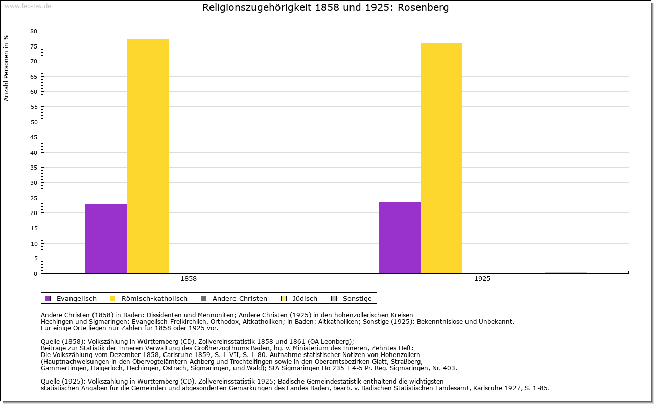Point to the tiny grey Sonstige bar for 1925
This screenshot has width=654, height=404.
click(565, 272)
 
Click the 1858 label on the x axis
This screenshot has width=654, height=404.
click(189, 279)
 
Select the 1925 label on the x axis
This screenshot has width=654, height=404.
click(482, 279)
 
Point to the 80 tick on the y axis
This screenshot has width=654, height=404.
click(34, 31)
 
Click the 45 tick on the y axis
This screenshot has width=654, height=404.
click(34, 137)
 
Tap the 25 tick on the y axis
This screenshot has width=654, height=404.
click(34, 198)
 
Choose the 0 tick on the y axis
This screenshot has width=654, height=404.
click(36, 274)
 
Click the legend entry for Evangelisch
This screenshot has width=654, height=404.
click(76, 299)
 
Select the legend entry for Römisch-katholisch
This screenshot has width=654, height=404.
click(154, 299)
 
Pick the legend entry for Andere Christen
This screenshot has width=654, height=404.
click(240, 299)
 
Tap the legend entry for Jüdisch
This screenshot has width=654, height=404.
click(305, 299)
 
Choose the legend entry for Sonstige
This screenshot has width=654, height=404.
click(357, 299)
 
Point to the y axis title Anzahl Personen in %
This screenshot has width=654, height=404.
click(6, 67)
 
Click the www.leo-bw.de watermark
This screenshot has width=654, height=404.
click(27, 6)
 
